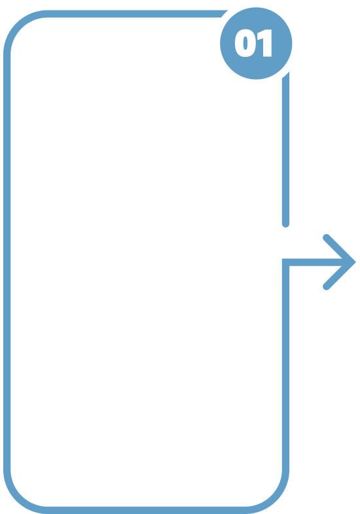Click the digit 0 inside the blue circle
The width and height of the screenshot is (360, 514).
pos(245,43)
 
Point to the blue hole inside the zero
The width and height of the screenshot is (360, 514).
pos(245,43)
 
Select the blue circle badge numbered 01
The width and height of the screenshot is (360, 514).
pos(256,43)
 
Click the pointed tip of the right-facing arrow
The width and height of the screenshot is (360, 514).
pos(355,262)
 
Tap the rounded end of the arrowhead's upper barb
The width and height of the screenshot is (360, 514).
pos(326,237)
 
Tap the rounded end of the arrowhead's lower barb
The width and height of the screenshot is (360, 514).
pos(326,287)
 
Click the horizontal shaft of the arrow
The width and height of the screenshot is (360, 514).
pos(315,262)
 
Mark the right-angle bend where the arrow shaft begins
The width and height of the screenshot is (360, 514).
pos(285,262)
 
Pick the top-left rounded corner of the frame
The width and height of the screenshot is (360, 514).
pos(17,24)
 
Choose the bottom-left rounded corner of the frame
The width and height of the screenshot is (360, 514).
pos(17,500)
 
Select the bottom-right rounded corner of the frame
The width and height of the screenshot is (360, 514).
pos(276,500)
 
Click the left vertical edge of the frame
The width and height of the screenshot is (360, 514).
pos(7,262)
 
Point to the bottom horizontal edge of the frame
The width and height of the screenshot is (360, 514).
pos(147,510)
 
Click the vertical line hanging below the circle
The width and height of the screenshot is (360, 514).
pos(285,149)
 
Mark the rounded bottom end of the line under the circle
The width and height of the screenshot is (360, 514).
pos(285,225)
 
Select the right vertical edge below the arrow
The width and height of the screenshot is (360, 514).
pos(285,367)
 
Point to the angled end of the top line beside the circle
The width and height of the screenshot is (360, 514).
pos(225,14)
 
